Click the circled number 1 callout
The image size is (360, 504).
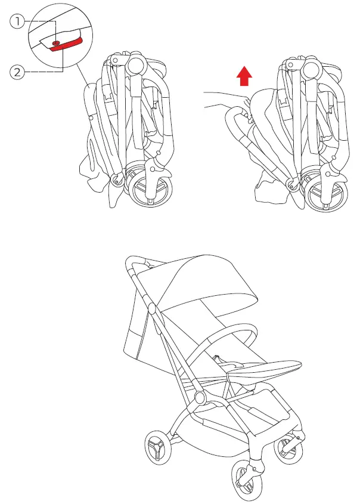(18, 22)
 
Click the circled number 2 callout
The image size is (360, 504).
(18, 72)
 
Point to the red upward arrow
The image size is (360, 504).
(243, 76)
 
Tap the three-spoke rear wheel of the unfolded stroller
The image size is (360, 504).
(157, 447)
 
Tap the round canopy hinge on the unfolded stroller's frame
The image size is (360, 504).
(151, 309)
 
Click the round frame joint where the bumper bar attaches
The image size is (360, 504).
(200, 398)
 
